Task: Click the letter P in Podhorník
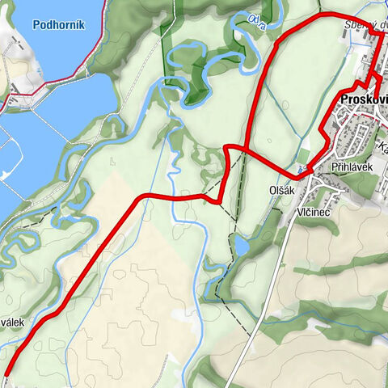(x=37, y=24)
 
